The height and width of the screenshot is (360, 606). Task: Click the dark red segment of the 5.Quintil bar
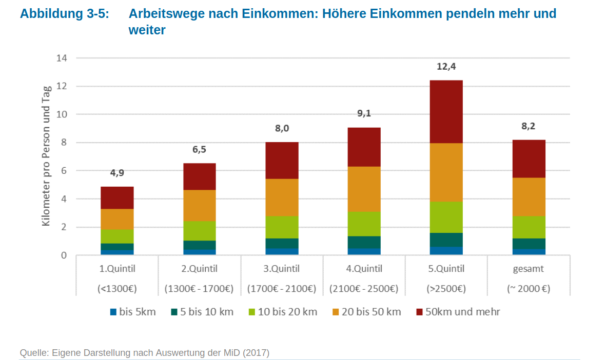[446, 112]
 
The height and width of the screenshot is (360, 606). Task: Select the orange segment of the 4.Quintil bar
[364, 189]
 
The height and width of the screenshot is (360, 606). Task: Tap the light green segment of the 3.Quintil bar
[282, 227]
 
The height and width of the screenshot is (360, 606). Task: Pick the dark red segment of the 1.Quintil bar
[117, 197]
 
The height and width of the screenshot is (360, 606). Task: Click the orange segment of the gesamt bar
[529, 196]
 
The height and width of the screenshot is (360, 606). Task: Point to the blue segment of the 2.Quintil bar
[199, 252]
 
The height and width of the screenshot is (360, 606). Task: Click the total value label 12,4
[446, 66]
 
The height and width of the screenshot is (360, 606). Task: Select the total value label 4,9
[117, 173]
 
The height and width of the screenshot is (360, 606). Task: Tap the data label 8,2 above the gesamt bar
[529, 126]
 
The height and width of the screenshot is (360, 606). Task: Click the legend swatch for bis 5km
[113, 312]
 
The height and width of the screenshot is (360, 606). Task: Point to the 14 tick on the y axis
[62, 58]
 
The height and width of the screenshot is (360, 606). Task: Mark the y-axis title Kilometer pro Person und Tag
[46, 156]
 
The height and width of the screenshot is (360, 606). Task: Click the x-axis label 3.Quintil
[282, 269]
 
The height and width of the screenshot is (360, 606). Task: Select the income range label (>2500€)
[446, 289]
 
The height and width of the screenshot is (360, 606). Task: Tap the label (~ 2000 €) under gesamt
[529, 289]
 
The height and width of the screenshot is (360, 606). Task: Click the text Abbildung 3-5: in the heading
[64, 14]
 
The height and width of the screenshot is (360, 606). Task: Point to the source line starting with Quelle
[144, 353]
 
